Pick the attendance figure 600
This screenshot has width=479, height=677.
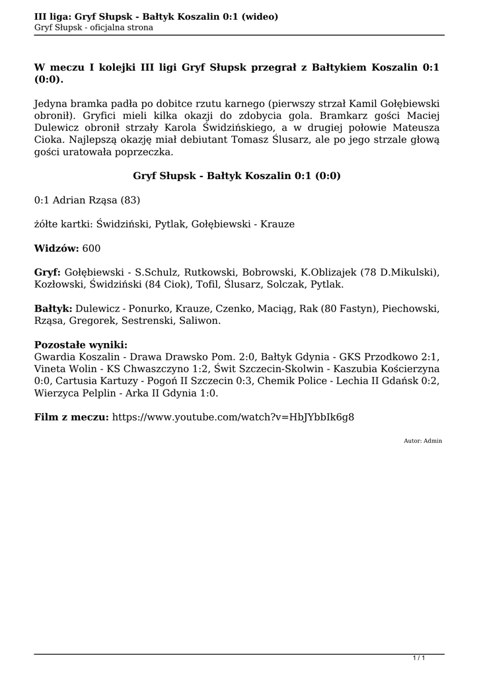[92, 248]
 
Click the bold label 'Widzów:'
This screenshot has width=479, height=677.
[56, 248]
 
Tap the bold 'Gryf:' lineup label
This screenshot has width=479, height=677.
[48, 272]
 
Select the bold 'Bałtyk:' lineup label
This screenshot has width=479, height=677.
[53, 309]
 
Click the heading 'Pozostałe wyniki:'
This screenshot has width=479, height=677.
[81, 345]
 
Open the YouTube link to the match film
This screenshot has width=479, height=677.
[233, 417]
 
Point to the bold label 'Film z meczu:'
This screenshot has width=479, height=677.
[71, 417]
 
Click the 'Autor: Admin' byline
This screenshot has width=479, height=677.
[423, 440]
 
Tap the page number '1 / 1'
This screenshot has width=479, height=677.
[418, 657]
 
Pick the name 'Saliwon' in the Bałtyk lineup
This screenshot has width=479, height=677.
[201, 321]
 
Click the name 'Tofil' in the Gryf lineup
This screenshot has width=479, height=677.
[204, 284]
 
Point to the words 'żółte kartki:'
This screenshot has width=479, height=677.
[63, 224]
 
